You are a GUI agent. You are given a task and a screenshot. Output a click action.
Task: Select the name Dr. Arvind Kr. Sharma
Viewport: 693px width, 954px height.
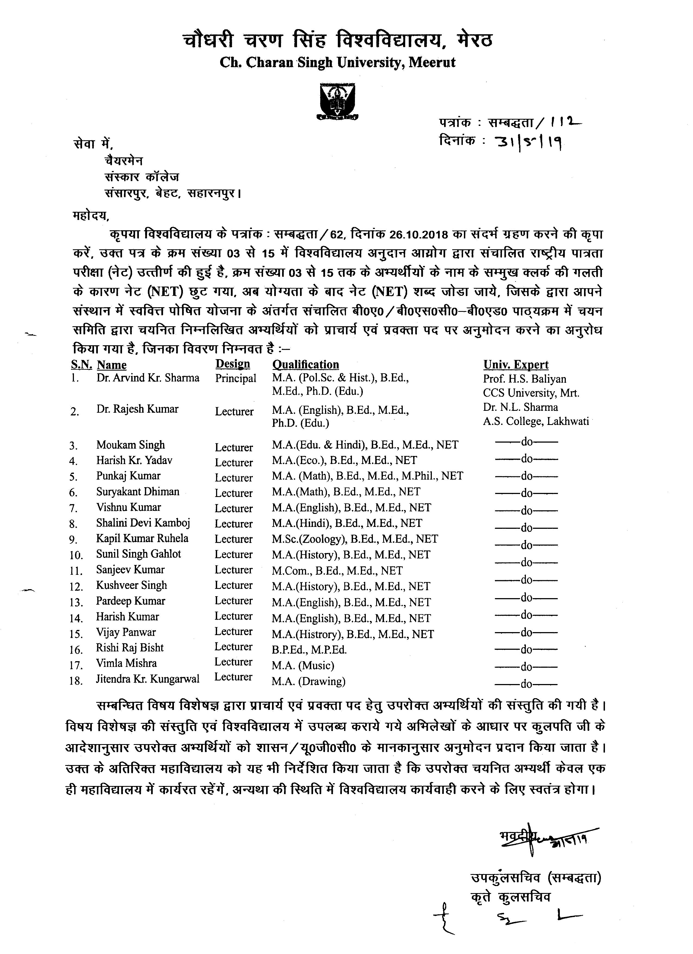[148, 378]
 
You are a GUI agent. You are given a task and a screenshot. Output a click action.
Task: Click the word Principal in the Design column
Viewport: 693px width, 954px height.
[236, 378]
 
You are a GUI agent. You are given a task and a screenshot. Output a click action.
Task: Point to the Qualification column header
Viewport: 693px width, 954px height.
[305, 364]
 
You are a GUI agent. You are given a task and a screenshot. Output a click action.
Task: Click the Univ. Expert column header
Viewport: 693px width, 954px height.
[516, 364]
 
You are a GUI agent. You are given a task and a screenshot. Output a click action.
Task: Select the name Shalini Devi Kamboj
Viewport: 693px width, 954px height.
[143, 523]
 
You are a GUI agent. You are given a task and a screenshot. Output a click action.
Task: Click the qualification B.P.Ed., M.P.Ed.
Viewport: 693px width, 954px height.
[309, 650]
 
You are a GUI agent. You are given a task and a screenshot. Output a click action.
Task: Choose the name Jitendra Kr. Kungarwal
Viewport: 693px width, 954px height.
[148, 679]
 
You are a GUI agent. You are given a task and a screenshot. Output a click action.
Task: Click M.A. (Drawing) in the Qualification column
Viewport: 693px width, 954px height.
[308, 681]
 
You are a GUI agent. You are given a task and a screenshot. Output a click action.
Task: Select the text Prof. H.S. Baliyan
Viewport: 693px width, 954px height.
[525, 379]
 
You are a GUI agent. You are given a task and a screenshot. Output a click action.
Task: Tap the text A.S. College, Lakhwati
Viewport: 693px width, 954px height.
[535, 421]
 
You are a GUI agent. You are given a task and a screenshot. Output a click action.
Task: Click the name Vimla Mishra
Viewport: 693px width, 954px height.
[126, 663]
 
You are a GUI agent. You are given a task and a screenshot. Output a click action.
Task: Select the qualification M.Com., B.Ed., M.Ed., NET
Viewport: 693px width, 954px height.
[337, 571]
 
